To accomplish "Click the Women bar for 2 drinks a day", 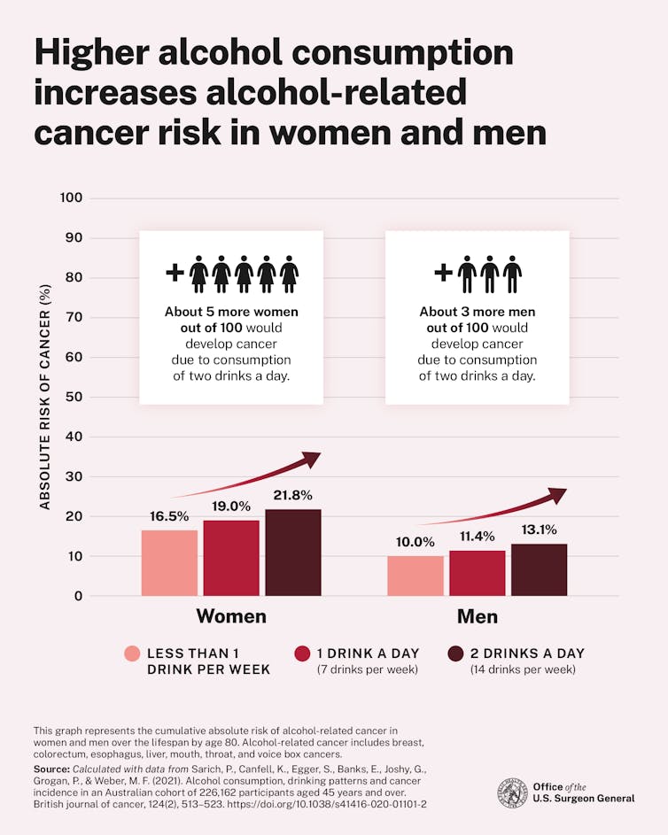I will (292, 553).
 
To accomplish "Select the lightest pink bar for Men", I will (415, 576).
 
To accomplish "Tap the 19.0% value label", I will (230, 507).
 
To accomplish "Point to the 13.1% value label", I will (539, 530).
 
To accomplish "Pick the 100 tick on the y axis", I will (72, 197).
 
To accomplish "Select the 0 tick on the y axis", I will (78, 596).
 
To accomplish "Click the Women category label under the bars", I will (231, 616).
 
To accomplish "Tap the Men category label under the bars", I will (477, 616).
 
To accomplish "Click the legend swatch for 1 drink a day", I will (302, 653).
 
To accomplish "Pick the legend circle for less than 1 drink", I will (132, 653).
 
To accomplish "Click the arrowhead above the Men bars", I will (556, 495).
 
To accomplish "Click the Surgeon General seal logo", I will (512, 792).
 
